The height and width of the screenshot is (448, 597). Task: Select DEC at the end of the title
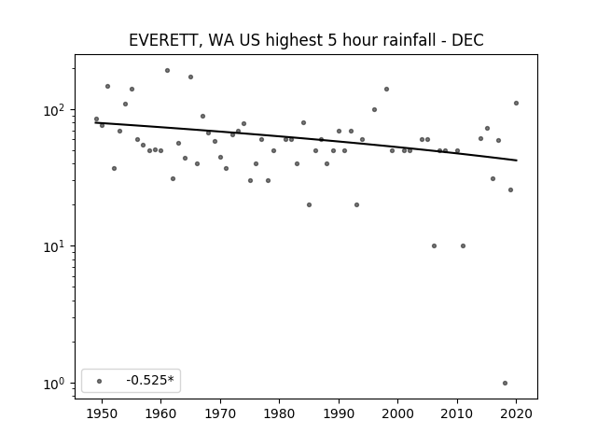pyautogui.click(x=467, y=40)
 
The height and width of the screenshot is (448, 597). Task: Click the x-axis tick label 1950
pyautogui.click(x=102, y=413)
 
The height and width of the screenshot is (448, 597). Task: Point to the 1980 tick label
pyautogui.click(x=279, y=413)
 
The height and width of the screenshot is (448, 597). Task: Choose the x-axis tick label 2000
pyautogui.click(x=398, y=413)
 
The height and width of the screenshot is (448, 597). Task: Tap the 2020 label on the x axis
pyautogui.click(x=516, y=413)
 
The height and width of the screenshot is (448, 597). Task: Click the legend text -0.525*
pyautogui.click(x=150, y=380)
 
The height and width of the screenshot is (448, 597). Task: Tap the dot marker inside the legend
pyautogui.click(x=100, y=381)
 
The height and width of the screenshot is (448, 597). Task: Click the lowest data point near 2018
pyautogui.click(x=505, y=384)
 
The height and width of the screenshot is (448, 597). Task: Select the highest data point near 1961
pyautogui.click(x=167, y=71)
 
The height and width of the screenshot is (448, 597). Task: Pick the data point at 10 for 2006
pyautogui.click(x=434, y=246)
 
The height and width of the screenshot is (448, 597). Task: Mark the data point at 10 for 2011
pyautogui.click(x=463, y=246)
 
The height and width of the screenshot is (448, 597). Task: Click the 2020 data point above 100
pyautogui.click(x=516, y=104)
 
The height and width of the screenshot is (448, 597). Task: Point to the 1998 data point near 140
pyautogui.click(x=386, y=90)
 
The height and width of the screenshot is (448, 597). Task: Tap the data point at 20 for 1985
pyautogui.click(x=309, y=205)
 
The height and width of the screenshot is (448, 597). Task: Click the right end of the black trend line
pyautogui.click(x=517, y=161)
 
